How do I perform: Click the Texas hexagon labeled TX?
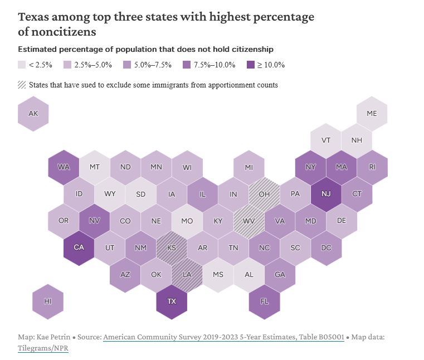(171, 301)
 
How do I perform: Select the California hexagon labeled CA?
(79, 247)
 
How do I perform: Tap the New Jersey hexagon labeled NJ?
(326, 194)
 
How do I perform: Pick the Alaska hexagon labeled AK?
(33, 114)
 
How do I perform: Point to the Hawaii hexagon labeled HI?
(48, 301)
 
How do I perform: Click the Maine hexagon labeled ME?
(372, 114)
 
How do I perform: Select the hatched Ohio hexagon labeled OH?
(265, 194)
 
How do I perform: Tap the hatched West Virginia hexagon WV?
(249, 221)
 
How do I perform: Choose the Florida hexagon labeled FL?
(265, 301)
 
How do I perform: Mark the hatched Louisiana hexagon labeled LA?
(187, 274)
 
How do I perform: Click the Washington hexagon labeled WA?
(64, 167)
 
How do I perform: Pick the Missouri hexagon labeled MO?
(187, 221)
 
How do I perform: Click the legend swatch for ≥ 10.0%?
(250, 65)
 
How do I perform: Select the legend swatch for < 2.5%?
(22, 65)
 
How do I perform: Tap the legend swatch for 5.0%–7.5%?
(128, 65)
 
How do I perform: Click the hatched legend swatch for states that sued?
(22, 85)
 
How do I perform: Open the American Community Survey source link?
(223, 337)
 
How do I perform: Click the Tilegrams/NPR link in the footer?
(43, 348)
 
